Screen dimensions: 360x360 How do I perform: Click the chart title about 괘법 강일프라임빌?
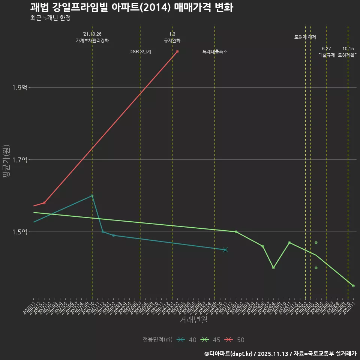click(132, 7)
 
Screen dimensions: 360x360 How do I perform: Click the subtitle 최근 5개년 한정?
click(50, 18)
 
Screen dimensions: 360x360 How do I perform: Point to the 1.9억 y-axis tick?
click(19, 88)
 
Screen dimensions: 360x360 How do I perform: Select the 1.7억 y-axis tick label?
click(19, 160)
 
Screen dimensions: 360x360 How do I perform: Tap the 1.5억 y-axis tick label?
click(19, 232)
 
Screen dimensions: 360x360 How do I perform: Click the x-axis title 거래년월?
click(193, 320)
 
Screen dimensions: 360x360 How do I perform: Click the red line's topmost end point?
click(177, 51)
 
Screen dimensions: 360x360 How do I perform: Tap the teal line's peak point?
click(92, 196)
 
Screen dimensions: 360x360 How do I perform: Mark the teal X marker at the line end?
click(225, 250)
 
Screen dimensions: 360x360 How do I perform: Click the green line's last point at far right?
click(353, 286)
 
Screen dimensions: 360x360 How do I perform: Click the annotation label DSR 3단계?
click(140, 52)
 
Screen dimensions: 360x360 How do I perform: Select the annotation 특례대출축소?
click(215, 52)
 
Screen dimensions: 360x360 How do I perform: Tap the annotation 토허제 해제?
click(305, 37)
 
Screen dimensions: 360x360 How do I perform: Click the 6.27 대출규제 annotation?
click(326, 52)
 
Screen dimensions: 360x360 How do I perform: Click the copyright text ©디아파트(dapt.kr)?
click(229, 354)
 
